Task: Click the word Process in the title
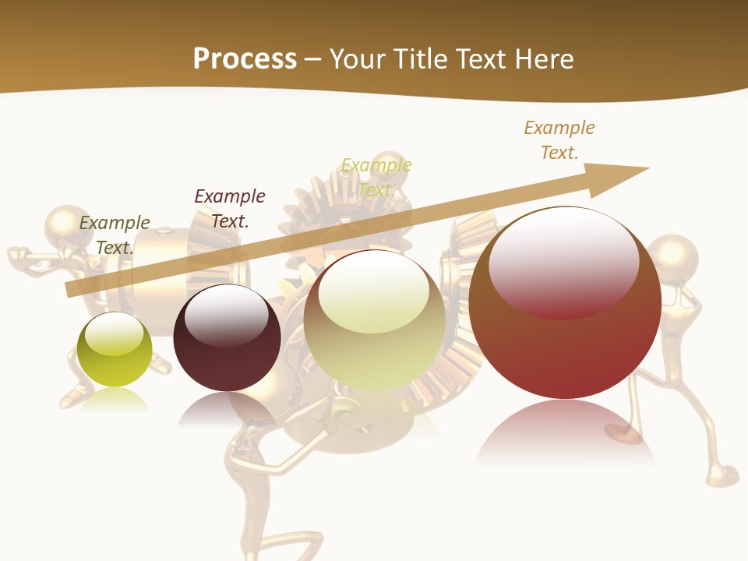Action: (x=245, y=59)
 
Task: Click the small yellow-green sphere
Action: (x=115, y=350)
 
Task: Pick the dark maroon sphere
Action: (x=227, y=338)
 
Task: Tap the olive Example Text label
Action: (x=115, y=235)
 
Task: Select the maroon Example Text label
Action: (x=230, y=208)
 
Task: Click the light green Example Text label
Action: (x=376, y=177)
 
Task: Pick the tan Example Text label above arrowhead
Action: (x=559, y=139)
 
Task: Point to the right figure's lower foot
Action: (x=722, y=475)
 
